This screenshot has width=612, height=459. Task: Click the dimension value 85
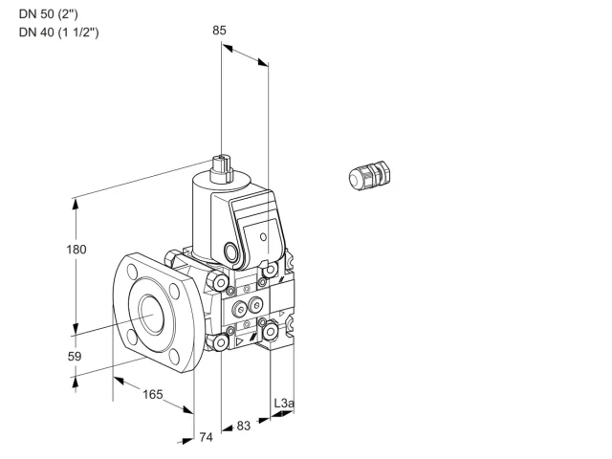[x=219, y=31]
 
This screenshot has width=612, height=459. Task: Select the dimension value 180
[x=76, y=250]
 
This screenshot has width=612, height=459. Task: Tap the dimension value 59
[x=75, y=357]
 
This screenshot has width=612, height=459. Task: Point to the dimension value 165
[x=153, y=394]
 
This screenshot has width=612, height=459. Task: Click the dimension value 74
[x=207, y=438]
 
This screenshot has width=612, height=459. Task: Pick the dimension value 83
[x=244, y=426]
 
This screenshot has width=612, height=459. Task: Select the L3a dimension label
[x=284, y=404]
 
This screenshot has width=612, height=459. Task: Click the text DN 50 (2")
[x=49, y=14]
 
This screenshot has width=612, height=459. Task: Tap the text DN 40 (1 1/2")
[x=59, y=32]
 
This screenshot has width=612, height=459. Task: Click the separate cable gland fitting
[x=370, y=176]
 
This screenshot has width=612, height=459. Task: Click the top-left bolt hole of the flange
[x=132, y=272]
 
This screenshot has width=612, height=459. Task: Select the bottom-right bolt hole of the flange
[x=174, y=357]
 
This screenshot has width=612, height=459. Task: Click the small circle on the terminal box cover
[x=264, y=236]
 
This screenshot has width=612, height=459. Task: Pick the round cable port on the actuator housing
[x=229, y=251]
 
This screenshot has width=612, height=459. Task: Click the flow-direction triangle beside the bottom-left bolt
[x=239, y=342]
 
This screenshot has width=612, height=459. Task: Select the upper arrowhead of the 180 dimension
[x=76, y=204]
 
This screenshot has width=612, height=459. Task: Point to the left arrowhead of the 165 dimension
[x=118, y=380]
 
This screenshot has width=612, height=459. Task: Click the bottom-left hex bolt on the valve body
[x=220, y=342]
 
